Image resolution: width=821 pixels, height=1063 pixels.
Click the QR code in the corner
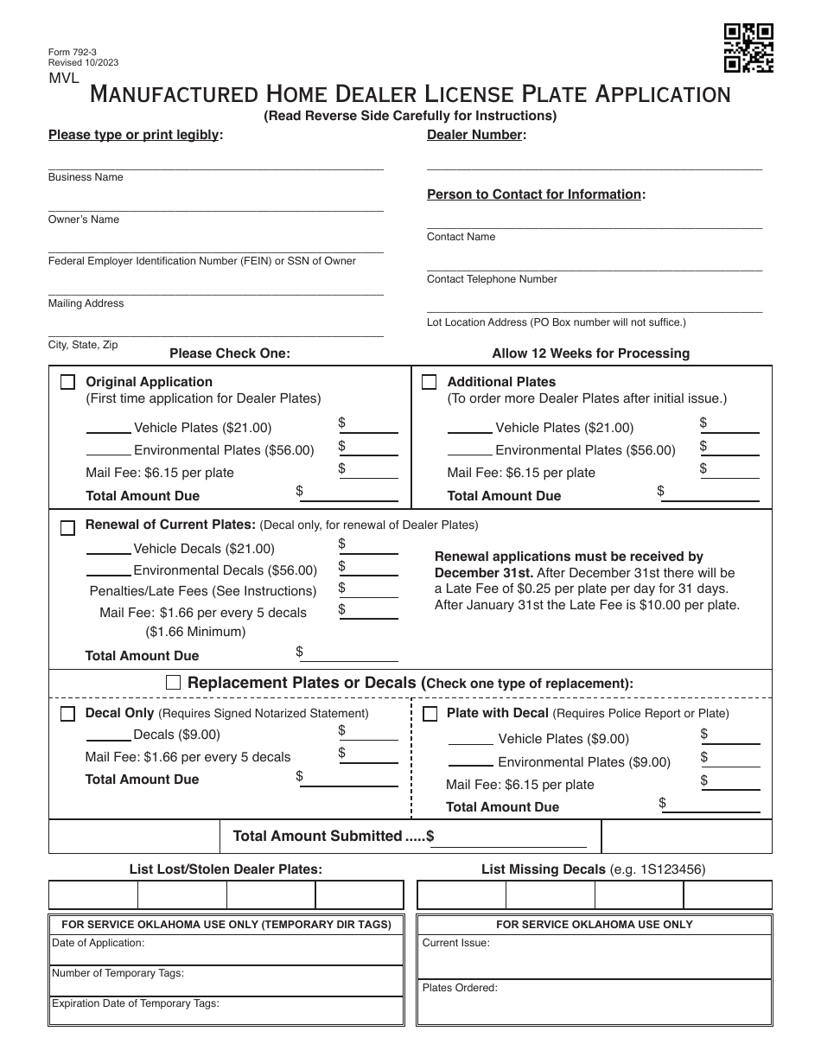(748, 48)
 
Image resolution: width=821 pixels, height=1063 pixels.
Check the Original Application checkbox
(67, 383)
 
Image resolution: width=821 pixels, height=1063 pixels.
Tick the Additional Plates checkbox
(429, 383)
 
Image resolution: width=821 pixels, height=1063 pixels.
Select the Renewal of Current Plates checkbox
(67, 528)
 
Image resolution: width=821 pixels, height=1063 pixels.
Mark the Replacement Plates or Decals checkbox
(173, 683)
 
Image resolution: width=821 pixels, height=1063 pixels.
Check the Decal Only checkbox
(67, 715)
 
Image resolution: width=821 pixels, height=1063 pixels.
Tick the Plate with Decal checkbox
(430, 715)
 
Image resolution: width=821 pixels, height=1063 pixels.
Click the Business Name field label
(86, 177)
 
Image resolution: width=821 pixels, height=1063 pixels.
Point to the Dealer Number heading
(475, 135)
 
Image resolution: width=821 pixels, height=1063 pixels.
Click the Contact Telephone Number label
(492, 279)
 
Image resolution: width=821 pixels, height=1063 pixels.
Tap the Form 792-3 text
(73, 52)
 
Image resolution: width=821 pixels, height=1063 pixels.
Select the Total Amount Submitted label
(317, 836)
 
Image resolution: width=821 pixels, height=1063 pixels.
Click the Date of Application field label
(99, 943)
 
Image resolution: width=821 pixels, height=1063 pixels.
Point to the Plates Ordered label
(460, 988)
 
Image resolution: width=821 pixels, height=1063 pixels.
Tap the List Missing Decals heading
(543, 869)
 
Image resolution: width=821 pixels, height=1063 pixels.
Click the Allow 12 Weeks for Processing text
(590, 353)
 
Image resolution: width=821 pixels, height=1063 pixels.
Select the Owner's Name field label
(84, 220)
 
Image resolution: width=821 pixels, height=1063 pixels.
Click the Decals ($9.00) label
(176, 735)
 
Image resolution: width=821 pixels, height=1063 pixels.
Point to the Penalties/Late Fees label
(203, 591)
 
